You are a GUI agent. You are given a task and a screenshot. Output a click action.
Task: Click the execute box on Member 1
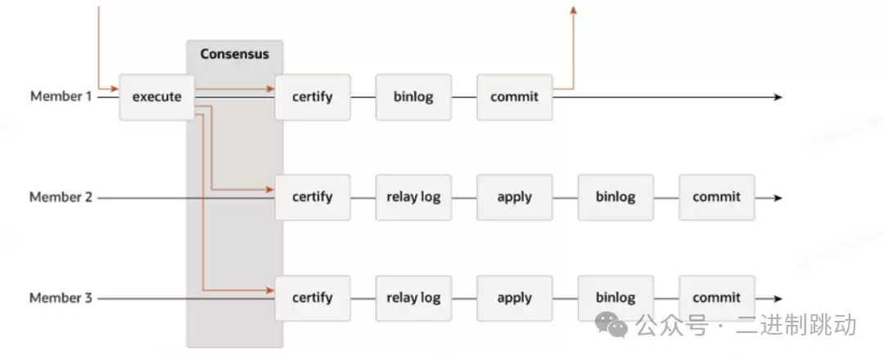pyautogui.click(x=157, y=97)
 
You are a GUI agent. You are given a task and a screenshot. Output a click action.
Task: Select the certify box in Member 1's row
pyautogui.click(x=313, y=97)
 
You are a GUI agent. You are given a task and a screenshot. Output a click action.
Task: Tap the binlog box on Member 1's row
pyautogui.click(x=413, y=97)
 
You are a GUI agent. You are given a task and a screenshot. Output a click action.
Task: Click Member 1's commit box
pyautogui.click(x=514, y=97)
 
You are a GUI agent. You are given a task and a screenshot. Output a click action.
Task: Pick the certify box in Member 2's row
pyautogui.click(x=313, y=197)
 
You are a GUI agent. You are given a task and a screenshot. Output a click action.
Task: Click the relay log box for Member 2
pyautogui.click(x=413, y=197)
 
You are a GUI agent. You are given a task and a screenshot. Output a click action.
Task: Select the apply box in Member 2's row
pyautogui.click(x=514, y=197)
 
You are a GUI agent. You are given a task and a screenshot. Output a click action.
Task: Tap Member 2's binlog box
pyautogui.click(x=616, y=197)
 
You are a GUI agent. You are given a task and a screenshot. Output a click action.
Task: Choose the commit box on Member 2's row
pyautogui.click(x=716, y=197)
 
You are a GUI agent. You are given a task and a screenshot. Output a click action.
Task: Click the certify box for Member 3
pyautogui.click(x=313, y=298)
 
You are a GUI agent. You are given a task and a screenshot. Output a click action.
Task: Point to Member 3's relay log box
pyautogui.click(x=413, y=298)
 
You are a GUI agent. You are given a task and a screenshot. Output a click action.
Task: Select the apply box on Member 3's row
pyautogui.click(x=514, y=298)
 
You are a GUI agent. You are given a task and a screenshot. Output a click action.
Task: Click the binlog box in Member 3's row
pyautogui.click(x=616, y=298)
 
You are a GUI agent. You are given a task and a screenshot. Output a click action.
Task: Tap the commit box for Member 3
pyautogui.click(x=716, y=298)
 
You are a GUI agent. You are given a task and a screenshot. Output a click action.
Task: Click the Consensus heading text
pyautogui.click(x=234, y=55)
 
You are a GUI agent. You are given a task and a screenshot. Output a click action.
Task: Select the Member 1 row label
pyautogui.click(x=61, y=97)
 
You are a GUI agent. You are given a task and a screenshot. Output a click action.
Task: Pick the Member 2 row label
pyautogui.click(x=61, y=197)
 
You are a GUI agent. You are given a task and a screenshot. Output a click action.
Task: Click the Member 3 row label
pyautogui.click(x=61, y=298)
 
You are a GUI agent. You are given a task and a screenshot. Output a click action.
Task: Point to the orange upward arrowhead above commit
pyautogui.click(x=573, y=10)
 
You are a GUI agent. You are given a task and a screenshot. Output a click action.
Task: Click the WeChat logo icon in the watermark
pyautogui.click(x=612, y=325)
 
